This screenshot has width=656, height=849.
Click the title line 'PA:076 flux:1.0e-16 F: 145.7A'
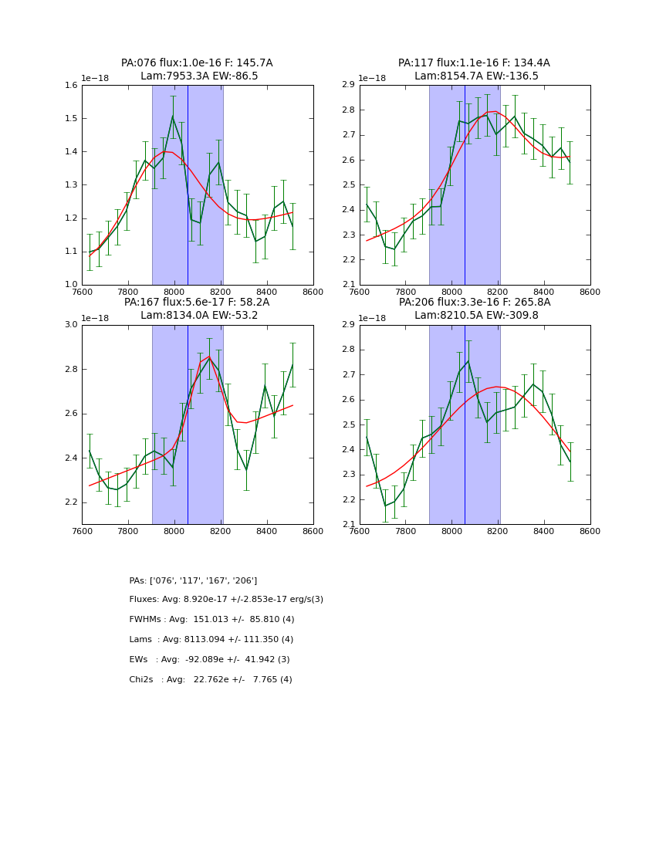pyautogui.click(x=197, y=63)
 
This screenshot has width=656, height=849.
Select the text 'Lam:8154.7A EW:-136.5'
pyautogui.click(x=474, y=76)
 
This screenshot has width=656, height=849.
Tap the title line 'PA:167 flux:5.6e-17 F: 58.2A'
pyautogui.click(x=197, y=303)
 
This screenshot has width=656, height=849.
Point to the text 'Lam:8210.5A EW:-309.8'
pyautogui.click(x=474, y=316)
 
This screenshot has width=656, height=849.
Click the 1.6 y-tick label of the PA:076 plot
pyautogui.click(x=70, y=86)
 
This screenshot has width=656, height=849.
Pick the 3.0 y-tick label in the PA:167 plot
pyautogui.click(x=70, y=325)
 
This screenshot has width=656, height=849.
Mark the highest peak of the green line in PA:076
pyautogui.click(x=173, y=117)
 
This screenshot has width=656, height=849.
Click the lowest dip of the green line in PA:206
pyautogui.click(x=385, y=506)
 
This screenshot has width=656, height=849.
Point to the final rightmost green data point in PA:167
pyautogui.click(x=292, y=364)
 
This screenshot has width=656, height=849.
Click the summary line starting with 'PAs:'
pyautogui.click(x=193, y=580)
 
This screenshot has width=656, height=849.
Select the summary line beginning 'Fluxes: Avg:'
pyautogui.click(x=226, y=600)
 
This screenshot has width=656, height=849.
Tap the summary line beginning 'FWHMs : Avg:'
pyautogui.click(x=211, y=620)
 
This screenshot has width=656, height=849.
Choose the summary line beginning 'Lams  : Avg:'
pyautogui.click(x=211, y=640)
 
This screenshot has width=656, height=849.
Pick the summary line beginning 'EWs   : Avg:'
pyautogui.click(x=209, y=660)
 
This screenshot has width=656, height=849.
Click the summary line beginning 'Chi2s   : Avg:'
pyautogui.click(x=210, y=680)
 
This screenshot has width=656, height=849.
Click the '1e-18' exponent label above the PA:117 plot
pyautogui.click(x=373, y=79)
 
